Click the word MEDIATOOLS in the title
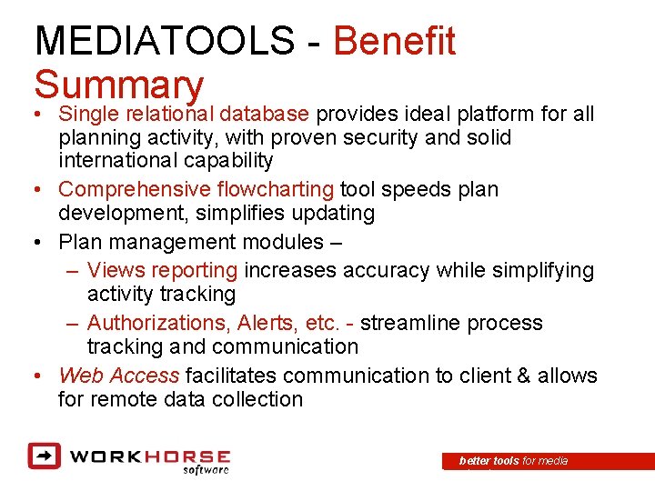pos(164,42)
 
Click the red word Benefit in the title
pos(395,42)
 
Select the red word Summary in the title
pos(118,85)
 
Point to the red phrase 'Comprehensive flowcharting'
pos(196,189)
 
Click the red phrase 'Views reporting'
pos(163,270)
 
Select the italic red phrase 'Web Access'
pos(118,376)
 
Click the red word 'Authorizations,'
pos(159,323)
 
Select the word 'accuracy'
pos(387,270)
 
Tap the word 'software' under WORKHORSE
pos(205,470)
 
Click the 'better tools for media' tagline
pos(514,461)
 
